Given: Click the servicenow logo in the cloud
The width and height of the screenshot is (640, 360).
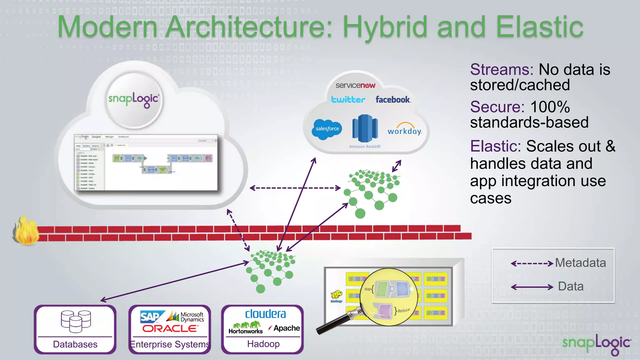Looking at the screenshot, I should coord(355,85).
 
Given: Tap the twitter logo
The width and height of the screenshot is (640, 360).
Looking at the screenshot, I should coord(348,100).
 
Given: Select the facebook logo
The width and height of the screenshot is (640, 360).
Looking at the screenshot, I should coord(393,100).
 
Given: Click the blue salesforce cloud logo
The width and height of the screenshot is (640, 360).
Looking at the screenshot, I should coord(327,129).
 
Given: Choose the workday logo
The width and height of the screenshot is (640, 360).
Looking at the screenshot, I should coord(405,130).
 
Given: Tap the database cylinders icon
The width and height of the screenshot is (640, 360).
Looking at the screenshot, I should coord(76,321).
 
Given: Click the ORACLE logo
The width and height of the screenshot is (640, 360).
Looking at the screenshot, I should coord(170,329).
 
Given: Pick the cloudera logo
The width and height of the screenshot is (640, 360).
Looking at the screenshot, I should coord(265,314).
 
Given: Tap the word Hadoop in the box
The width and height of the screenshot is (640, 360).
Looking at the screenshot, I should coord(263,344).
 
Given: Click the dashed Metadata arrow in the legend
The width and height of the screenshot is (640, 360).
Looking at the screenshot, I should coord(532,263).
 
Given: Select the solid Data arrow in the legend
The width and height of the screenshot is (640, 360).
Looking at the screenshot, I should coord(532,287).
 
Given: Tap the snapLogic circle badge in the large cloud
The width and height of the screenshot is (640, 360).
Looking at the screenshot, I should coord(134,100).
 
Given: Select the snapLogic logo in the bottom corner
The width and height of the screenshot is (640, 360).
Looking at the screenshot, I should coord(596,344).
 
